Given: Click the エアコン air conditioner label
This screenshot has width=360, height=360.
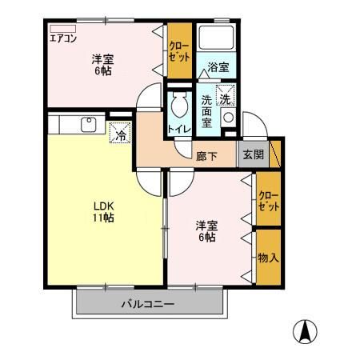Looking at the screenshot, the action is [63, 38].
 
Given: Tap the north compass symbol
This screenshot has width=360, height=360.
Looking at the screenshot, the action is [305, 331].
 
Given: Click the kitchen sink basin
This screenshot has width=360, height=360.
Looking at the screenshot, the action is [89, 124].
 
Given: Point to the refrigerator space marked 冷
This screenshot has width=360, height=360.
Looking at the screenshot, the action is [120, 133].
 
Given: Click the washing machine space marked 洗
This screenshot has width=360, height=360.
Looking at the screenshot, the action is [226, 95].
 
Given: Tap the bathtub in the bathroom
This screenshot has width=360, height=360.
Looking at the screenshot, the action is [217, 38].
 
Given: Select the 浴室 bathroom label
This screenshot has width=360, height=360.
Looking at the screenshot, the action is [218, 67].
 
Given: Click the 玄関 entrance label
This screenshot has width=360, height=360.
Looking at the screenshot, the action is [254, 154].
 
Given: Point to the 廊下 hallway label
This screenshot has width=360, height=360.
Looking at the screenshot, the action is [206, 156].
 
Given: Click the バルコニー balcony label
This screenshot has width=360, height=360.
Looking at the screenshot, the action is [148, 304].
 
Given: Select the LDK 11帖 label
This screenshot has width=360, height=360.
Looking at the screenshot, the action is [103, 212].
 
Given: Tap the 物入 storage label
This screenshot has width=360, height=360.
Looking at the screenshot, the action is [269, 258].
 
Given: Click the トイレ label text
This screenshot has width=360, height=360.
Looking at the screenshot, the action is [179, 129].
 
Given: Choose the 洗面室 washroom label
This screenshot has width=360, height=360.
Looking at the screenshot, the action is [206, 111].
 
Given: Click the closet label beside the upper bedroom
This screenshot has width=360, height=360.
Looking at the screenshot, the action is [179, 52].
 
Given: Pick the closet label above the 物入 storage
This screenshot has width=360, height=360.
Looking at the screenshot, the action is [269, 202].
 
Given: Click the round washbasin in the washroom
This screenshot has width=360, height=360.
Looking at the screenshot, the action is [229, 118].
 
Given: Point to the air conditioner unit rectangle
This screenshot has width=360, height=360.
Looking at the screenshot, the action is [63, 29].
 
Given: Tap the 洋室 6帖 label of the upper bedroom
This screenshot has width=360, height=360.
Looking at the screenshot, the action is [102, 65].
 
